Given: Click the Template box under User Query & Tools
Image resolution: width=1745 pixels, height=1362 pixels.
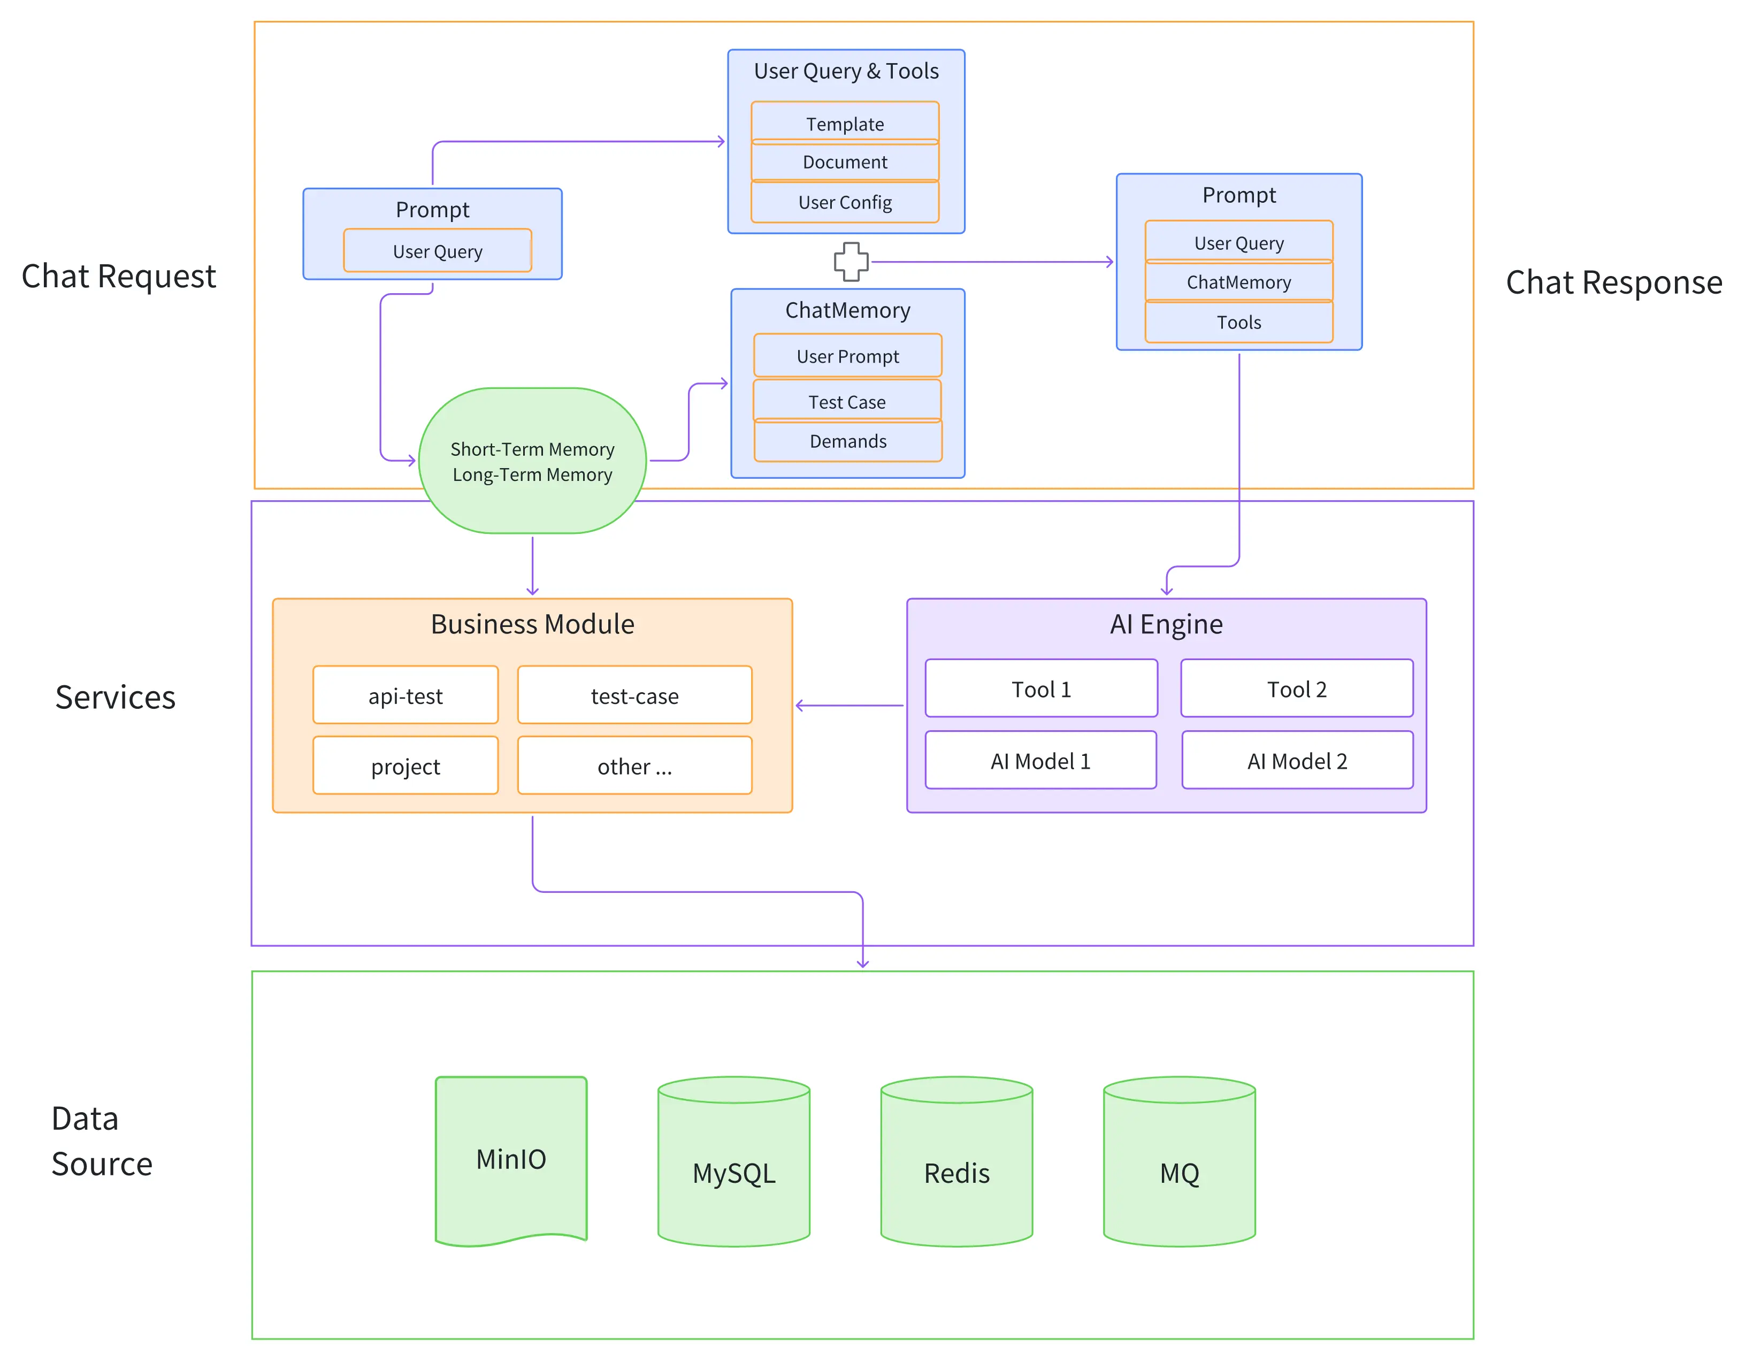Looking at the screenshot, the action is tap(845, 123).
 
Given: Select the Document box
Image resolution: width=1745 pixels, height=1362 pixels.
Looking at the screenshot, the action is tap(845, 162).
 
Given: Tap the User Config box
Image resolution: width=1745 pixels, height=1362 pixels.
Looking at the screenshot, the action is tap(845, 202).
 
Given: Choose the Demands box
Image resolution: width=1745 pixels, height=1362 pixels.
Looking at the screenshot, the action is tap(848, 440).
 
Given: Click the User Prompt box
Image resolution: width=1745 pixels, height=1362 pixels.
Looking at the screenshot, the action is tap(848, 355).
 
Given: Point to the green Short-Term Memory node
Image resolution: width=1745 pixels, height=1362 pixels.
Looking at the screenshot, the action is tap(532, 461).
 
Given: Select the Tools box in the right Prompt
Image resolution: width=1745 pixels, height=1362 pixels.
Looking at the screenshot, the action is tap(1238, 322).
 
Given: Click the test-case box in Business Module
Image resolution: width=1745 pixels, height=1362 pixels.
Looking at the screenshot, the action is tap(634, 695).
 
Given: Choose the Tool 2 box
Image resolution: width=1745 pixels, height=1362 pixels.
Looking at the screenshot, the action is tap(1297, 688).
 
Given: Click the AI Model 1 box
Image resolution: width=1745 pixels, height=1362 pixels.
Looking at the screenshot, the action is tap(1040, 761).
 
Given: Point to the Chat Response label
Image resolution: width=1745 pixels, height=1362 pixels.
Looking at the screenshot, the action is tap(1613, 282).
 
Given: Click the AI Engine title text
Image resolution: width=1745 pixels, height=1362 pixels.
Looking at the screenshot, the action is tap(1166, 623).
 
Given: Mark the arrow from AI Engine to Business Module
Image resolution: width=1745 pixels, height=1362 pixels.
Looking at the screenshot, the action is tap(849, 706).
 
